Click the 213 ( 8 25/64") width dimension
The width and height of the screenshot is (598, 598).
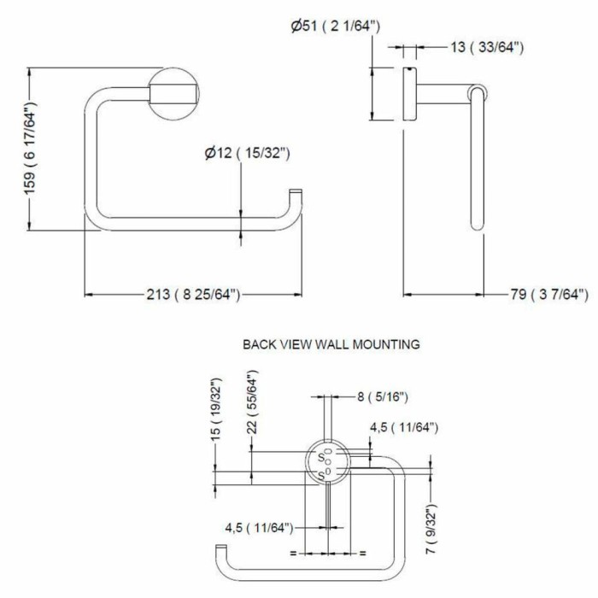(193, 295)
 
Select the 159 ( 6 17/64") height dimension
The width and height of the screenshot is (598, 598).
(30, 148)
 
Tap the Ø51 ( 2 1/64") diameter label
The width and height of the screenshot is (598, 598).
(335, 26)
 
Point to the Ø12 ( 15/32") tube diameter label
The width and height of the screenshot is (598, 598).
(247, 153)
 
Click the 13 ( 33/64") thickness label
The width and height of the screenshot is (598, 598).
(487, 47)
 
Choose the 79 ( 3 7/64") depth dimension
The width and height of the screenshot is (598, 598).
(549, 295)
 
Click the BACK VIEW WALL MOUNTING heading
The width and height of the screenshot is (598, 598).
(331, 344)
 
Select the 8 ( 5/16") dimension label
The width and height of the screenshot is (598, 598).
(383, 397)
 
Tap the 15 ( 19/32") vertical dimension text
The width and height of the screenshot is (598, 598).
(216, 409)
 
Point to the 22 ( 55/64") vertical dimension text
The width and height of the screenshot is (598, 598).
(252, 402)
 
